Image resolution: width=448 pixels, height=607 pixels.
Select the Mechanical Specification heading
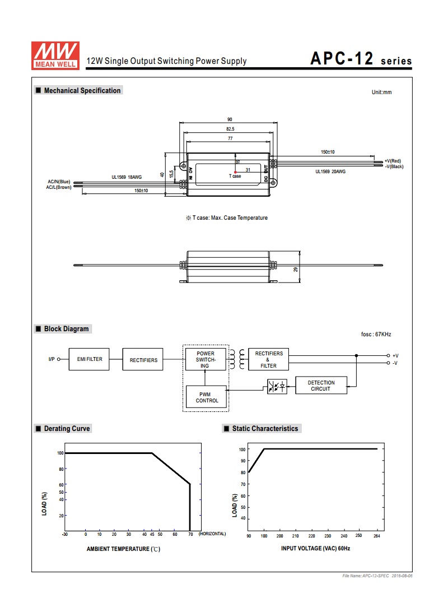point(82,90)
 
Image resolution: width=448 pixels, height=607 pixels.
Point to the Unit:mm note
point(381,92)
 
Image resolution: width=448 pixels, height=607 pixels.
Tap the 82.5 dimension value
point(230,129)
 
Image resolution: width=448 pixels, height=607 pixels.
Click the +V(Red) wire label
point(393,161)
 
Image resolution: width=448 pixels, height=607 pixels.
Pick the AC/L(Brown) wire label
point(59,187)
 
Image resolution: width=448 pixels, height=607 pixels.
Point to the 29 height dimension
point(296,270)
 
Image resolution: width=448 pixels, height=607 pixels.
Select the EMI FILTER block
point(90,359)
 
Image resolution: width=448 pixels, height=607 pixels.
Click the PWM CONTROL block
point(207,397)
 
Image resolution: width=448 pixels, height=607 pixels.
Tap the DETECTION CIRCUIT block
point(321,386)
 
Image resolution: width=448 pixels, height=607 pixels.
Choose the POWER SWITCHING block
point(205,359)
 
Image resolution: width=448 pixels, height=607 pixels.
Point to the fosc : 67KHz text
point(376,335)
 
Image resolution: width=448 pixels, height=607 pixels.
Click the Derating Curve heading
point(67,429)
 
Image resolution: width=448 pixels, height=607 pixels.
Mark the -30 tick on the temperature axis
point(65,535)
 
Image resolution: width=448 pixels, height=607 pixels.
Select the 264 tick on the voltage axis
point(377,536)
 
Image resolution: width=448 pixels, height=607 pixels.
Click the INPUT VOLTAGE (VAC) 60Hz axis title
point(315,548)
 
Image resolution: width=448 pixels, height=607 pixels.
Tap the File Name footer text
point(380,576)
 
